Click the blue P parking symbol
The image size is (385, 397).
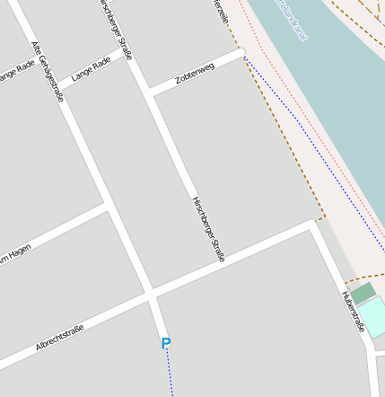165,343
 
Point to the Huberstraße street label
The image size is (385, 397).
352,311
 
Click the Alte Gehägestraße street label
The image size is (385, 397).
48,71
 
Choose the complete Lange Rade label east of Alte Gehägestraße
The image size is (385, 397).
91,68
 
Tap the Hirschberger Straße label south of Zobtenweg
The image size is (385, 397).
207,229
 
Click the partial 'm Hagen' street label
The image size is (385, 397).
15,253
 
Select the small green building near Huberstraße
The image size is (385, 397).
363,294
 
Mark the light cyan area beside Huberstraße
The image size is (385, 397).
372,317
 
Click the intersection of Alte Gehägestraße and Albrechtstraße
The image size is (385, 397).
150,296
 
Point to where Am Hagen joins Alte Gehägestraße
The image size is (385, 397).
108,207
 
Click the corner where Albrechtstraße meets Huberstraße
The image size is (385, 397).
313,222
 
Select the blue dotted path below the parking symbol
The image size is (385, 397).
170,373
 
